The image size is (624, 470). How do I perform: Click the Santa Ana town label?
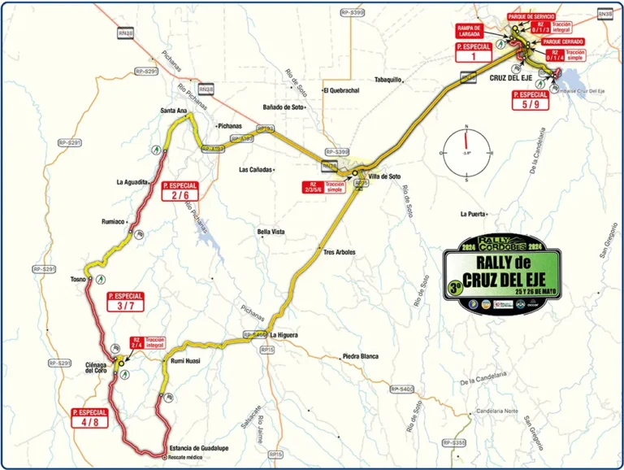(x=174, y=110)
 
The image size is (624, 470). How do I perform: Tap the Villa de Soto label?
(x=386, y=176)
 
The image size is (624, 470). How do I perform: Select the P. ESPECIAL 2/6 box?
(x=180, y=190)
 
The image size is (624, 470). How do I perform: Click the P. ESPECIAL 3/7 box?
(x=125, y=301)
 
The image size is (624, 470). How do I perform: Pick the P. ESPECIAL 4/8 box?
(x=89, y=417)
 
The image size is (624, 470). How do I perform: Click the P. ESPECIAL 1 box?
(x=474, y=53)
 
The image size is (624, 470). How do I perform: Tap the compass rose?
(x=466, y=153)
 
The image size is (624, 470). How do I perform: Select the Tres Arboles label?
(x=340, y=252)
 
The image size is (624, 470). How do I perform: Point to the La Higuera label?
(x=285, y=334)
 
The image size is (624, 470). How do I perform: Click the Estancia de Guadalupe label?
(x=199, y=448)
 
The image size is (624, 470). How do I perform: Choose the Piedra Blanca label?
(x=361, y=356)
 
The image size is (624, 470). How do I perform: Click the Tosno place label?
(x=79, y=279)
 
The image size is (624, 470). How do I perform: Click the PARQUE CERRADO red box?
(x=563, y=41)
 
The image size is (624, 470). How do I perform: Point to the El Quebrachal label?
(x=341, y=90)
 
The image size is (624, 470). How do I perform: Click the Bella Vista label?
(x=271, y=232)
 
